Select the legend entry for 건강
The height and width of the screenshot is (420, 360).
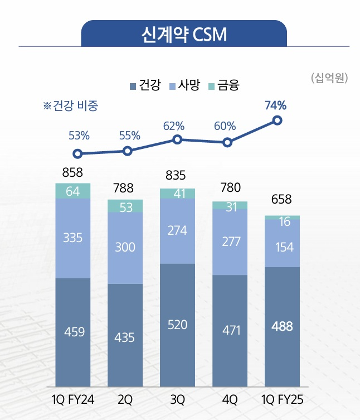[x=145, y=85]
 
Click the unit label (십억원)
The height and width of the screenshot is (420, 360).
[x=329, y=78]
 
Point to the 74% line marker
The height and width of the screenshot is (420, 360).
[x=277, y=120]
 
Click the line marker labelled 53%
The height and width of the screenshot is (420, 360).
[x=78, y=154]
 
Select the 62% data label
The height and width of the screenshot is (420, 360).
[x=173, y=126]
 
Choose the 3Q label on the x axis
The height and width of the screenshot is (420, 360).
[x=177, y=400]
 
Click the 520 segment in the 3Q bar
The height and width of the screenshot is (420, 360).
[x=177, y=325]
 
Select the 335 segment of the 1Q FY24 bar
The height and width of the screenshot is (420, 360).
[x=72, y=238]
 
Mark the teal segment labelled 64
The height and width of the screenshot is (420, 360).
[x=72, y=191]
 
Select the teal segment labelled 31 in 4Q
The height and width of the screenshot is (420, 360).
[x=230, y=206]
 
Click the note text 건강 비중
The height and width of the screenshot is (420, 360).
[x=75, y=106]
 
